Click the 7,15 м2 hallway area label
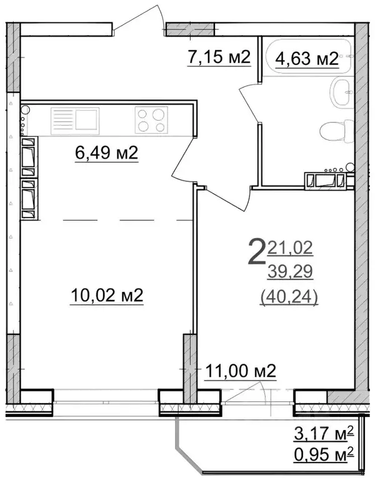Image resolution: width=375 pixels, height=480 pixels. pyautogui.click(x=219, y=58)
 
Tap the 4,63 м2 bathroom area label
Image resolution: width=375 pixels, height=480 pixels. pyautogui.click(x=306, y=59)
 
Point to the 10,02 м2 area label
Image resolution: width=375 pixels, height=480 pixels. pyautogui.click(x=106, y=295)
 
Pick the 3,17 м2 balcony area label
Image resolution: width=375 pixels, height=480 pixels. pyautogui.click(x=324, y=431)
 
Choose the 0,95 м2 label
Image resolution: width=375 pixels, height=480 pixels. pyautogui.click(x=324, y=450)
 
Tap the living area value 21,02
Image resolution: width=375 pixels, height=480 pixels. pyautogui.click(x=291, y=248)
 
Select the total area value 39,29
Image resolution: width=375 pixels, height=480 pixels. pyautogui.click(x=289, y=272)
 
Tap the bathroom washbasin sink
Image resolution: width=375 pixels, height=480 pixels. pyautogui.click(x=341, y=92)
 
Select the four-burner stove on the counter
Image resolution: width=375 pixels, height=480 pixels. pyautogui.click(x=151, y=119)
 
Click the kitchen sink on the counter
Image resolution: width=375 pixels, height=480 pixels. pyautogui.click(x=74, y=118)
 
